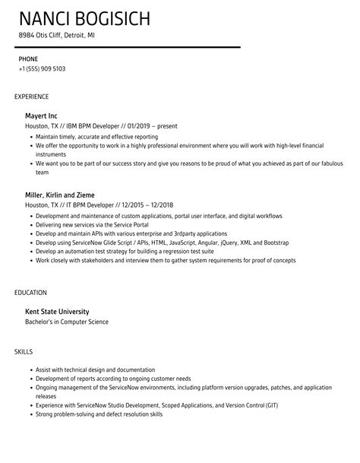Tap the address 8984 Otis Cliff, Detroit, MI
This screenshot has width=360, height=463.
coord(57,35)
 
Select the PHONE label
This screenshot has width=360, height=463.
coord(29,58)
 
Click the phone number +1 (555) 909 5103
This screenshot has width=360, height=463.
coord(42,68)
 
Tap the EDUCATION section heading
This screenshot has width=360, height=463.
coord(30,292)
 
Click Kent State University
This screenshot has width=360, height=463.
coord(58,311)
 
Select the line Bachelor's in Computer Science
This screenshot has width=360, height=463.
coord(67,322)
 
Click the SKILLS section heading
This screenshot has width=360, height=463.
coord(24,352)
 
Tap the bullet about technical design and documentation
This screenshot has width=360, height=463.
coord(95,370)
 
